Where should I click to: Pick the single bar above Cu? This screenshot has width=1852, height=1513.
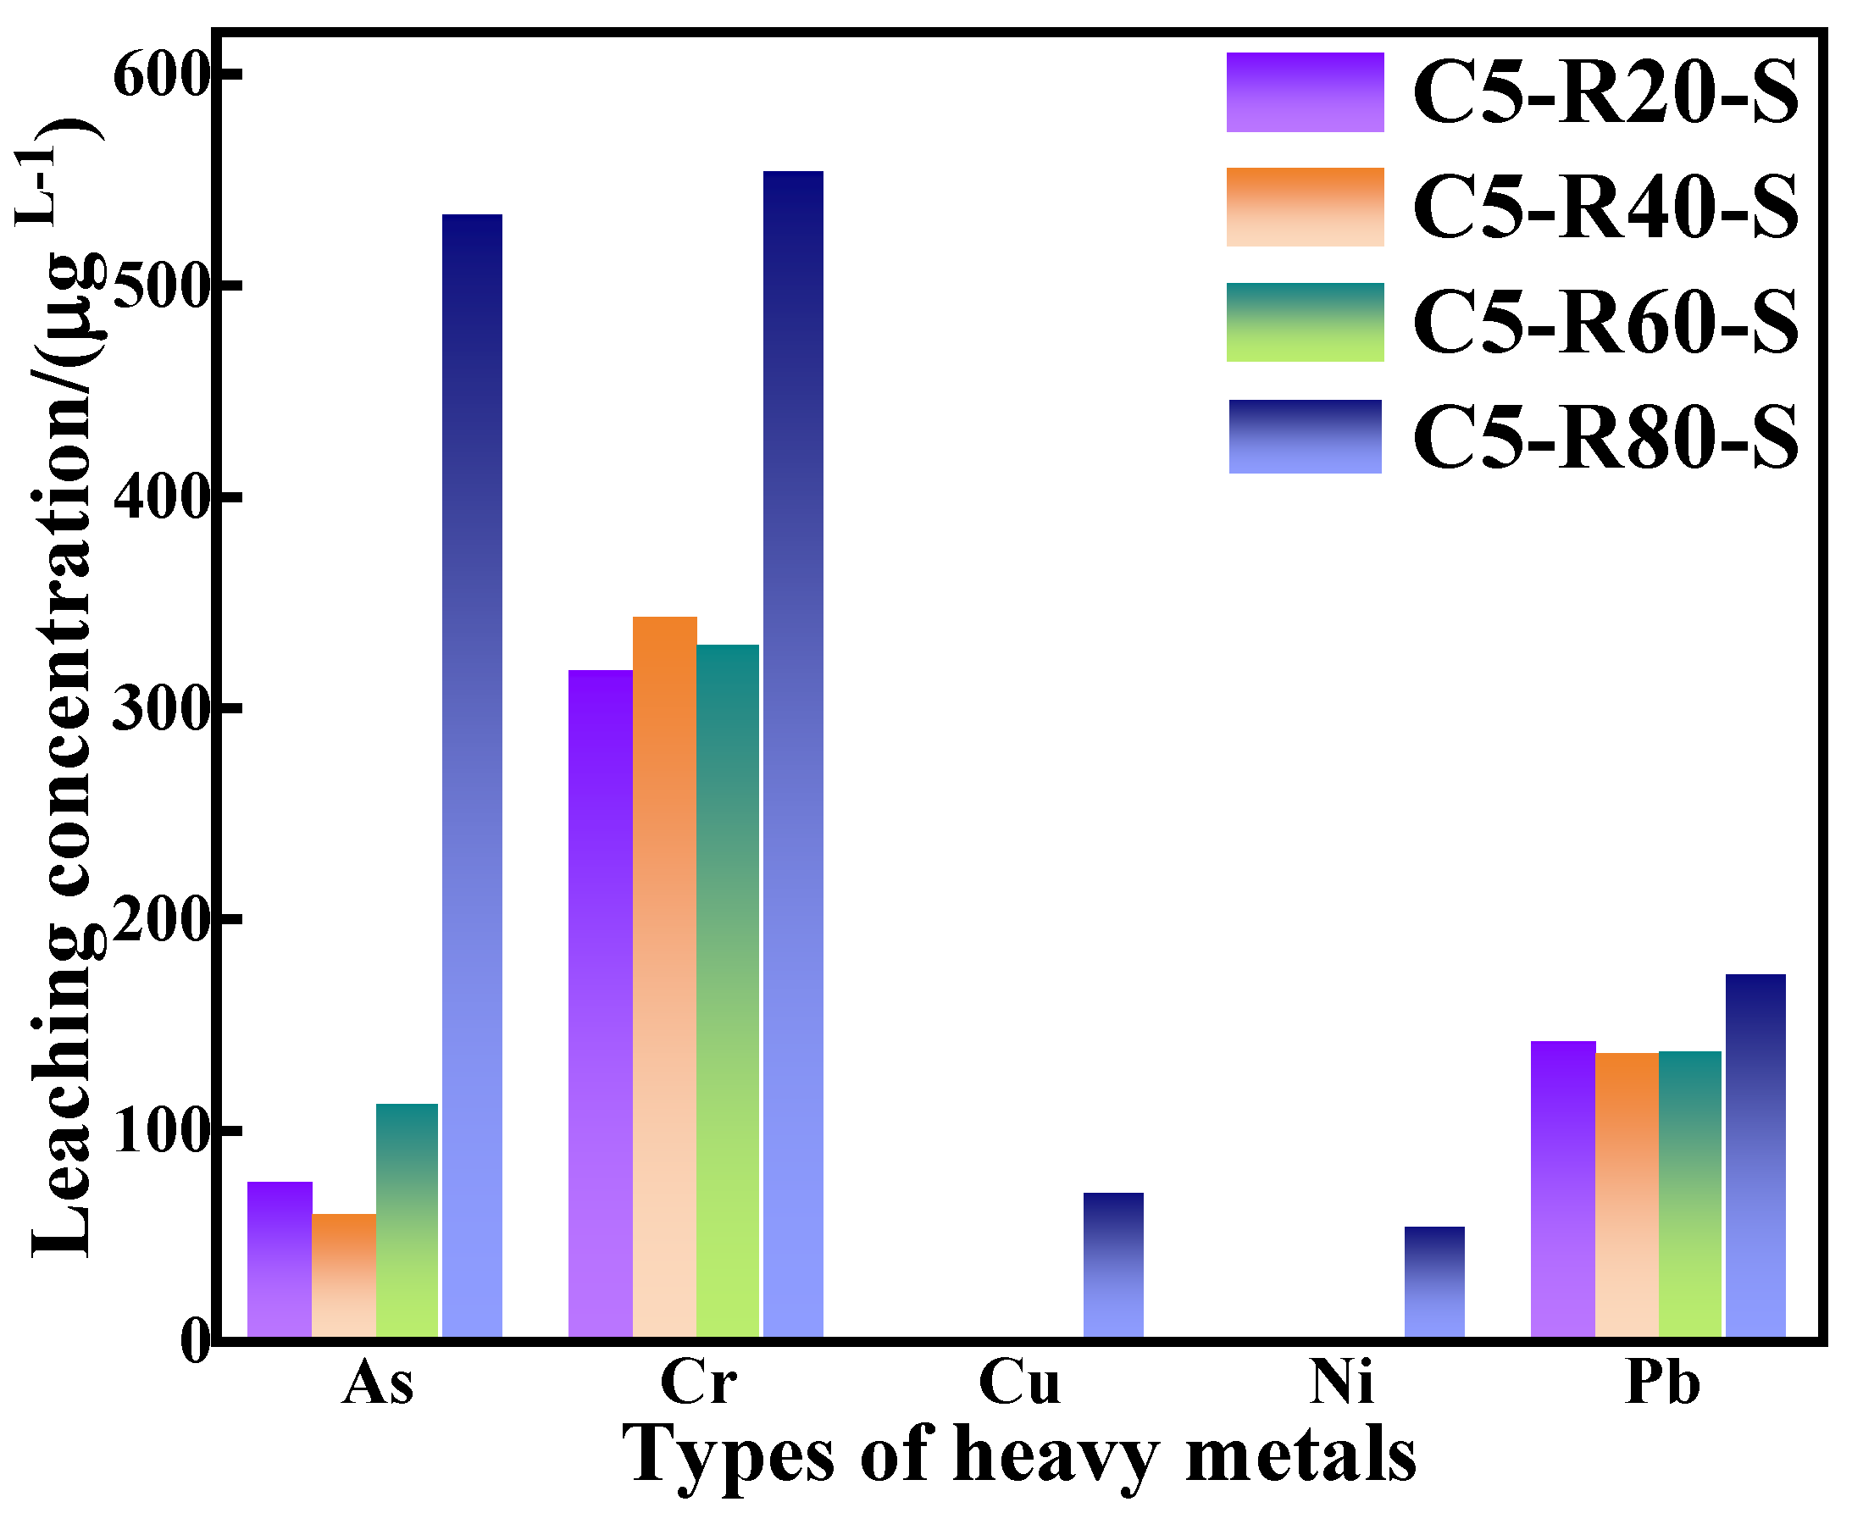[1112, 1264]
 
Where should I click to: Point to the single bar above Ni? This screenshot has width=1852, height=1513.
[1433, 1281]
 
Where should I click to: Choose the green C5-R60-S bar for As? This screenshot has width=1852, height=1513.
[407, 1220]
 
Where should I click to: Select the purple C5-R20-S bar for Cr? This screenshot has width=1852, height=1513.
[600, 1002]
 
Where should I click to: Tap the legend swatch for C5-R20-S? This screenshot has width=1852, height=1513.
[1304, 92]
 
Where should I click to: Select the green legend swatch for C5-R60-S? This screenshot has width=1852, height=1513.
[1304, 322]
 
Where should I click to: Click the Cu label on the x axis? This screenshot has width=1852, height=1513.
[1018, 1383]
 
